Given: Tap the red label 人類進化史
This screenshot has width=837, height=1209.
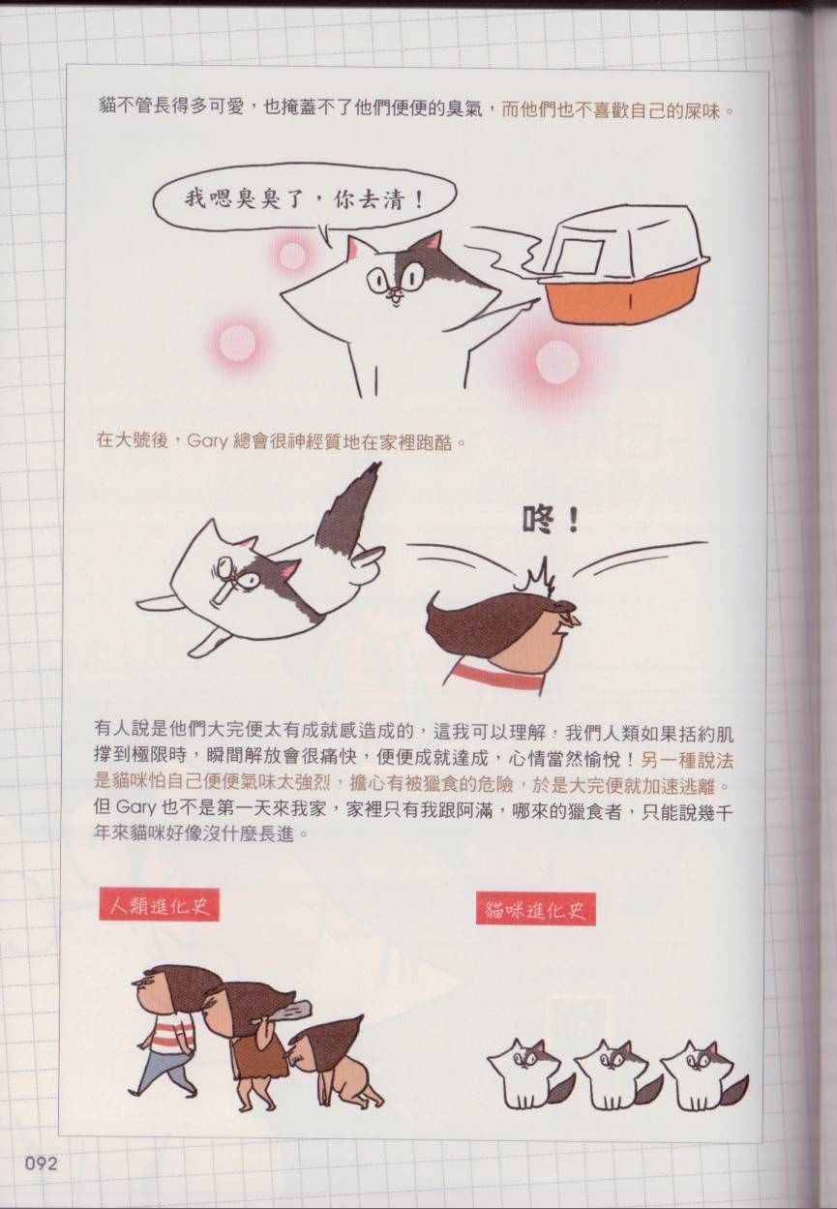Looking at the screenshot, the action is (160, 905).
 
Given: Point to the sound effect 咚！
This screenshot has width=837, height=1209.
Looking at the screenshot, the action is (551, 521).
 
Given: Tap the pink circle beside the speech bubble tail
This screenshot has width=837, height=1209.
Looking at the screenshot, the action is (292, 255).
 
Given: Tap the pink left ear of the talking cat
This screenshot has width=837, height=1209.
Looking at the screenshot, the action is (354, 247).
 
